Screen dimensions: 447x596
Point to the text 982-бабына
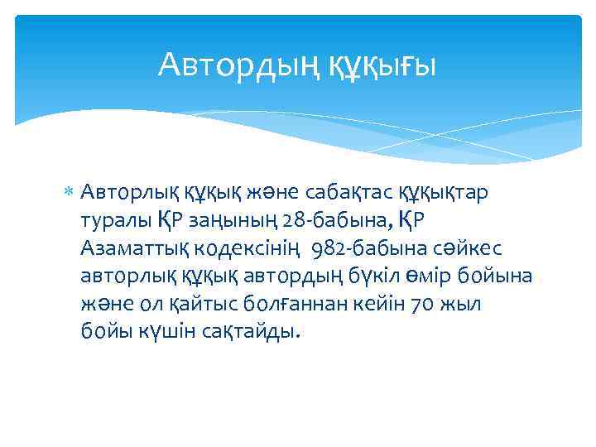(365, 248)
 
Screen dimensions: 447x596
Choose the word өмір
(439, 276)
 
